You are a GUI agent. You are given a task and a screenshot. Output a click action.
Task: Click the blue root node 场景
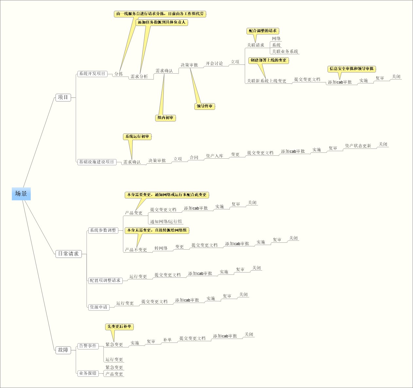pyautogui.click(x=21, y=194)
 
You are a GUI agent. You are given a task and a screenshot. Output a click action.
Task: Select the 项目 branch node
pyautogui.click(x=63, y=97)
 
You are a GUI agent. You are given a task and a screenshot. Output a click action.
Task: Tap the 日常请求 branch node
pyautogui.click(x=68, y=254)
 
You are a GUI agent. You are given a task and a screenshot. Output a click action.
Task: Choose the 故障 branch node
pyautogui.click(x=63, y=350)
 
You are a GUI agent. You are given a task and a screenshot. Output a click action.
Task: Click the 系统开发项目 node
pyautogui.click(x=92, y=74)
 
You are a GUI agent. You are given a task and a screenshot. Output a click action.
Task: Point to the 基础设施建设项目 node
pyautogui.click(x=96, y=162)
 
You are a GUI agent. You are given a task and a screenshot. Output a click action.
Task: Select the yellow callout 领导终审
pyautogui.click(x=205, y=106)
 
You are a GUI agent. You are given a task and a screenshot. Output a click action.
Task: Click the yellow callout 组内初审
pyautogui.click(x=165, y=118)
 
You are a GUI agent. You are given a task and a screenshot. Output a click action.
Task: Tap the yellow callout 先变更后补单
pyautogui.click(x=119, y=326)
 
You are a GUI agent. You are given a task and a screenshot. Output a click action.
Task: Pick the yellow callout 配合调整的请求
pyautogui.click(x=263, y=31)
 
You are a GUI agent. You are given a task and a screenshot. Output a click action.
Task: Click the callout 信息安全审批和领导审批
pyautogui.click(x=352, y=69)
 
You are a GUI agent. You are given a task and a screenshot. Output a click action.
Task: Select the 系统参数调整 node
pyautogui.click(x=103, y=230)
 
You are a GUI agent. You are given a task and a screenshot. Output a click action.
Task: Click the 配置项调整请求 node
pyautogui.click(x=105, y=280)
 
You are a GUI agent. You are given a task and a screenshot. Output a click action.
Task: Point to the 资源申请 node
pyautogui.click(x=98, y=307)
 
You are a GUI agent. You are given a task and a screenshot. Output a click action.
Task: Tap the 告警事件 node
pyautogui.click(x=88, y=346)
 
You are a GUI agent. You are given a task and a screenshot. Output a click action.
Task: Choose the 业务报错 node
pyautogui.click(x=88, y=373)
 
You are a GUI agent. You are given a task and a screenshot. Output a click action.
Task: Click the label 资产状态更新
pyautogui.click(x=358, y=146)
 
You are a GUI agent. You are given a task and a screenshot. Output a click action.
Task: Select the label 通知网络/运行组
pyautogui.click(x=166, y=221)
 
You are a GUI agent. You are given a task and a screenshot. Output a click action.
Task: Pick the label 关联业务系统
pyautogui.click(x=285, y=51)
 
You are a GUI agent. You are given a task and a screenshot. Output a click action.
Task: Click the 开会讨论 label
pyautogui.click(x=214, y=63)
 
